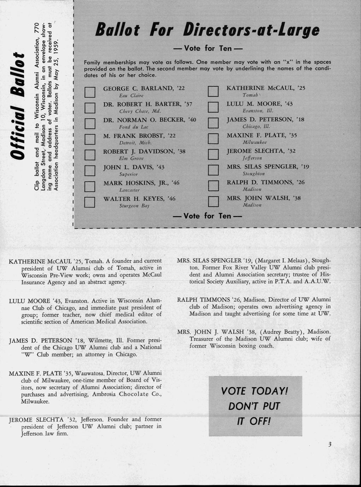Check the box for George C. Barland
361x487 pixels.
90,92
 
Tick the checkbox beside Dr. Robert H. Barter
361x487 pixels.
90,107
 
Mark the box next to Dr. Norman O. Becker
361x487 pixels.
90,123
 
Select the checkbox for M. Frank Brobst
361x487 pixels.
90,139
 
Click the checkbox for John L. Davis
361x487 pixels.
90,170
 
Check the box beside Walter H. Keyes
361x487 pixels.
90,202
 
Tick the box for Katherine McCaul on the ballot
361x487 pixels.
213,91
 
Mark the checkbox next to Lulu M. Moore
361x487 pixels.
213,107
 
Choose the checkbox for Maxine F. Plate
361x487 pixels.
213,139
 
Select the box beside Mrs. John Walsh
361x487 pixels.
213,202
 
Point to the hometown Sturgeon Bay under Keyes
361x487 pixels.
134,206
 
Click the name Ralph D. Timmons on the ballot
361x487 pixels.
265,182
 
